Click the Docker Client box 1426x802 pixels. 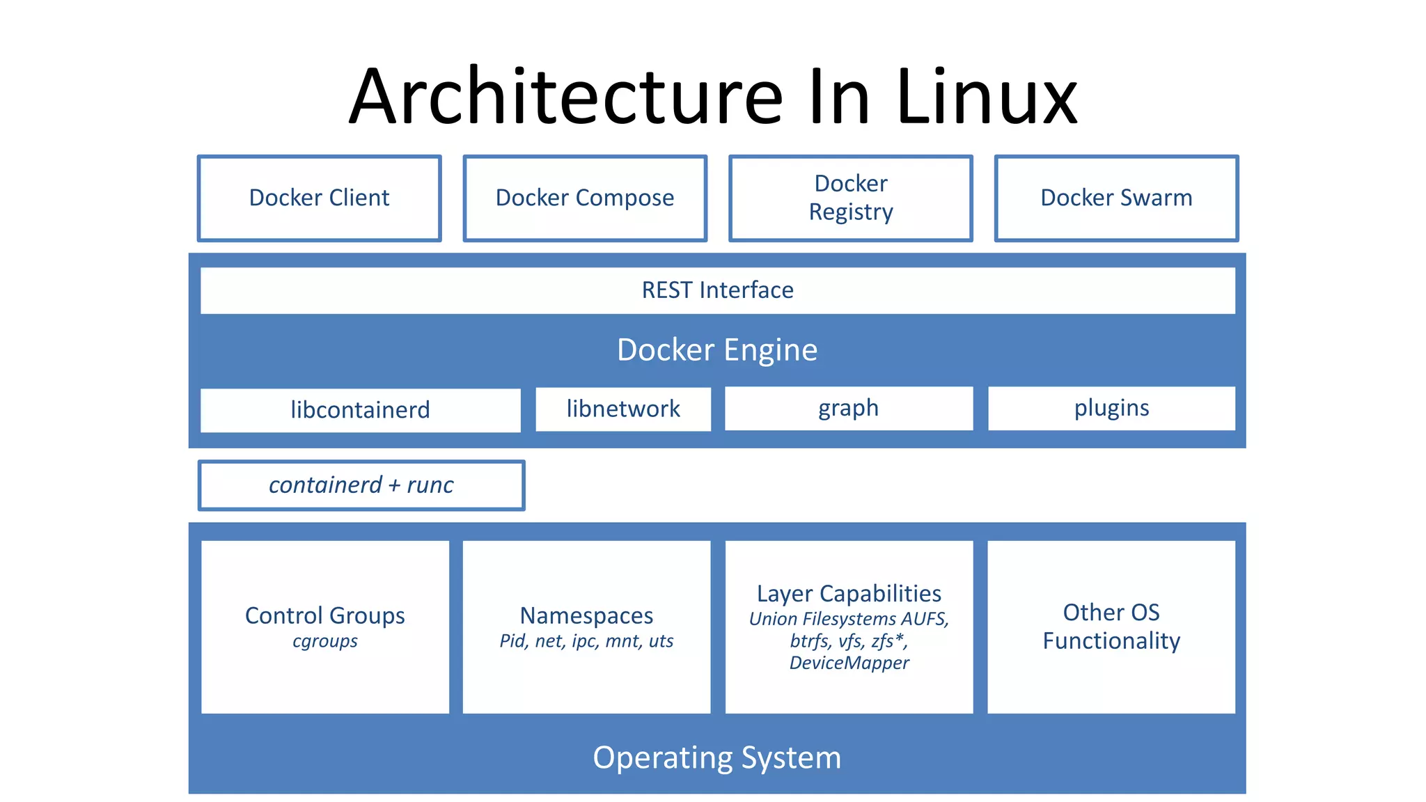click(x=320, y=198)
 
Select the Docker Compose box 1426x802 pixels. click(x=585, y=198)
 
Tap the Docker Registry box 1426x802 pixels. click(x=850, y=198)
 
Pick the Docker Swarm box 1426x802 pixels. click(x=1116, y=198)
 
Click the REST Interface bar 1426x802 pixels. click(x=717, y=290)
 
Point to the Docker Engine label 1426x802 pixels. click(x=717, y=349)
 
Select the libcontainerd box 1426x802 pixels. click(x=360, y=410)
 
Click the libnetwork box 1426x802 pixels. click(x=623, y=409)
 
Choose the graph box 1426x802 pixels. click(x=848, y=408)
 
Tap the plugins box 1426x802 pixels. click(x=1111, y=408)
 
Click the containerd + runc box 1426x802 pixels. click(x=361, y=485)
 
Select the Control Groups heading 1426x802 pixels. click(x=324, y=615)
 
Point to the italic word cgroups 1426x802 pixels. click(x=324, y=641)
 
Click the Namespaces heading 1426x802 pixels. click(x=586, y=615)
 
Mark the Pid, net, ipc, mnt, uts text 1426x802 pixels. click(x=586, y=641)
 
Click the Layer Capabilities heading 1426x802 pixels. click(x=849, y=593)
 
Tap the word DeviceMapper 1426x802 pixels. click(x=849, y=663)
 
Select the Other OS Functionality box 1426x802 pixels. click(x=1111, y=627)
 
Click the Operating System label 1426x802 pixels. click(x=717, y=757)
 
